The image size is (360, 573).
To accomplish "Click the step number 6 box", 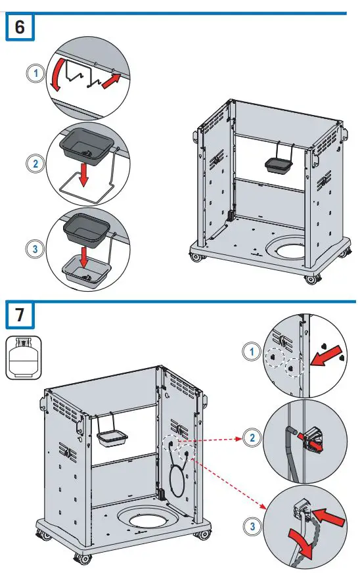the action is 20,27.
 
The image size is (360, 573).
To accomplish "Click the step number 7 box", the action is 20,315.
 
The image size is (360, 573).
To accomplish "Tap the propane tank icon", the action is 24,357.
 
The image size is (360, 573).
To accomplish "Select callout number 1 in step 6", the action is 35,74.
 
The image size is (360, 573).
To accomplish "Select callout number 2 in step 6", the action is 35,163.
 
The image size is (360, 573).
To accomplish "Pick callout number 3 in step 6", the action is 35,249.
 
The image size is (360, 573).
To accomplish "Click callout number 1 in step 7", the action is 252,352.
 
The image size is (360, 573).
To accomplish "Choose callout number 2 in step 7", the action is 252,438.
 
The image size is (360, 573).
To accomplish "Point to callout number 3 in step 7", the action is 252,526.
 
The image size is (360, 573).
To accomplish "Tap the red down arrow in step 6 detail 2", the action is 83,174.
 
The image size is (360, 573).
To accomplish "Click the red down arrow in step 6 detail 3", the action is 84,258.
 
